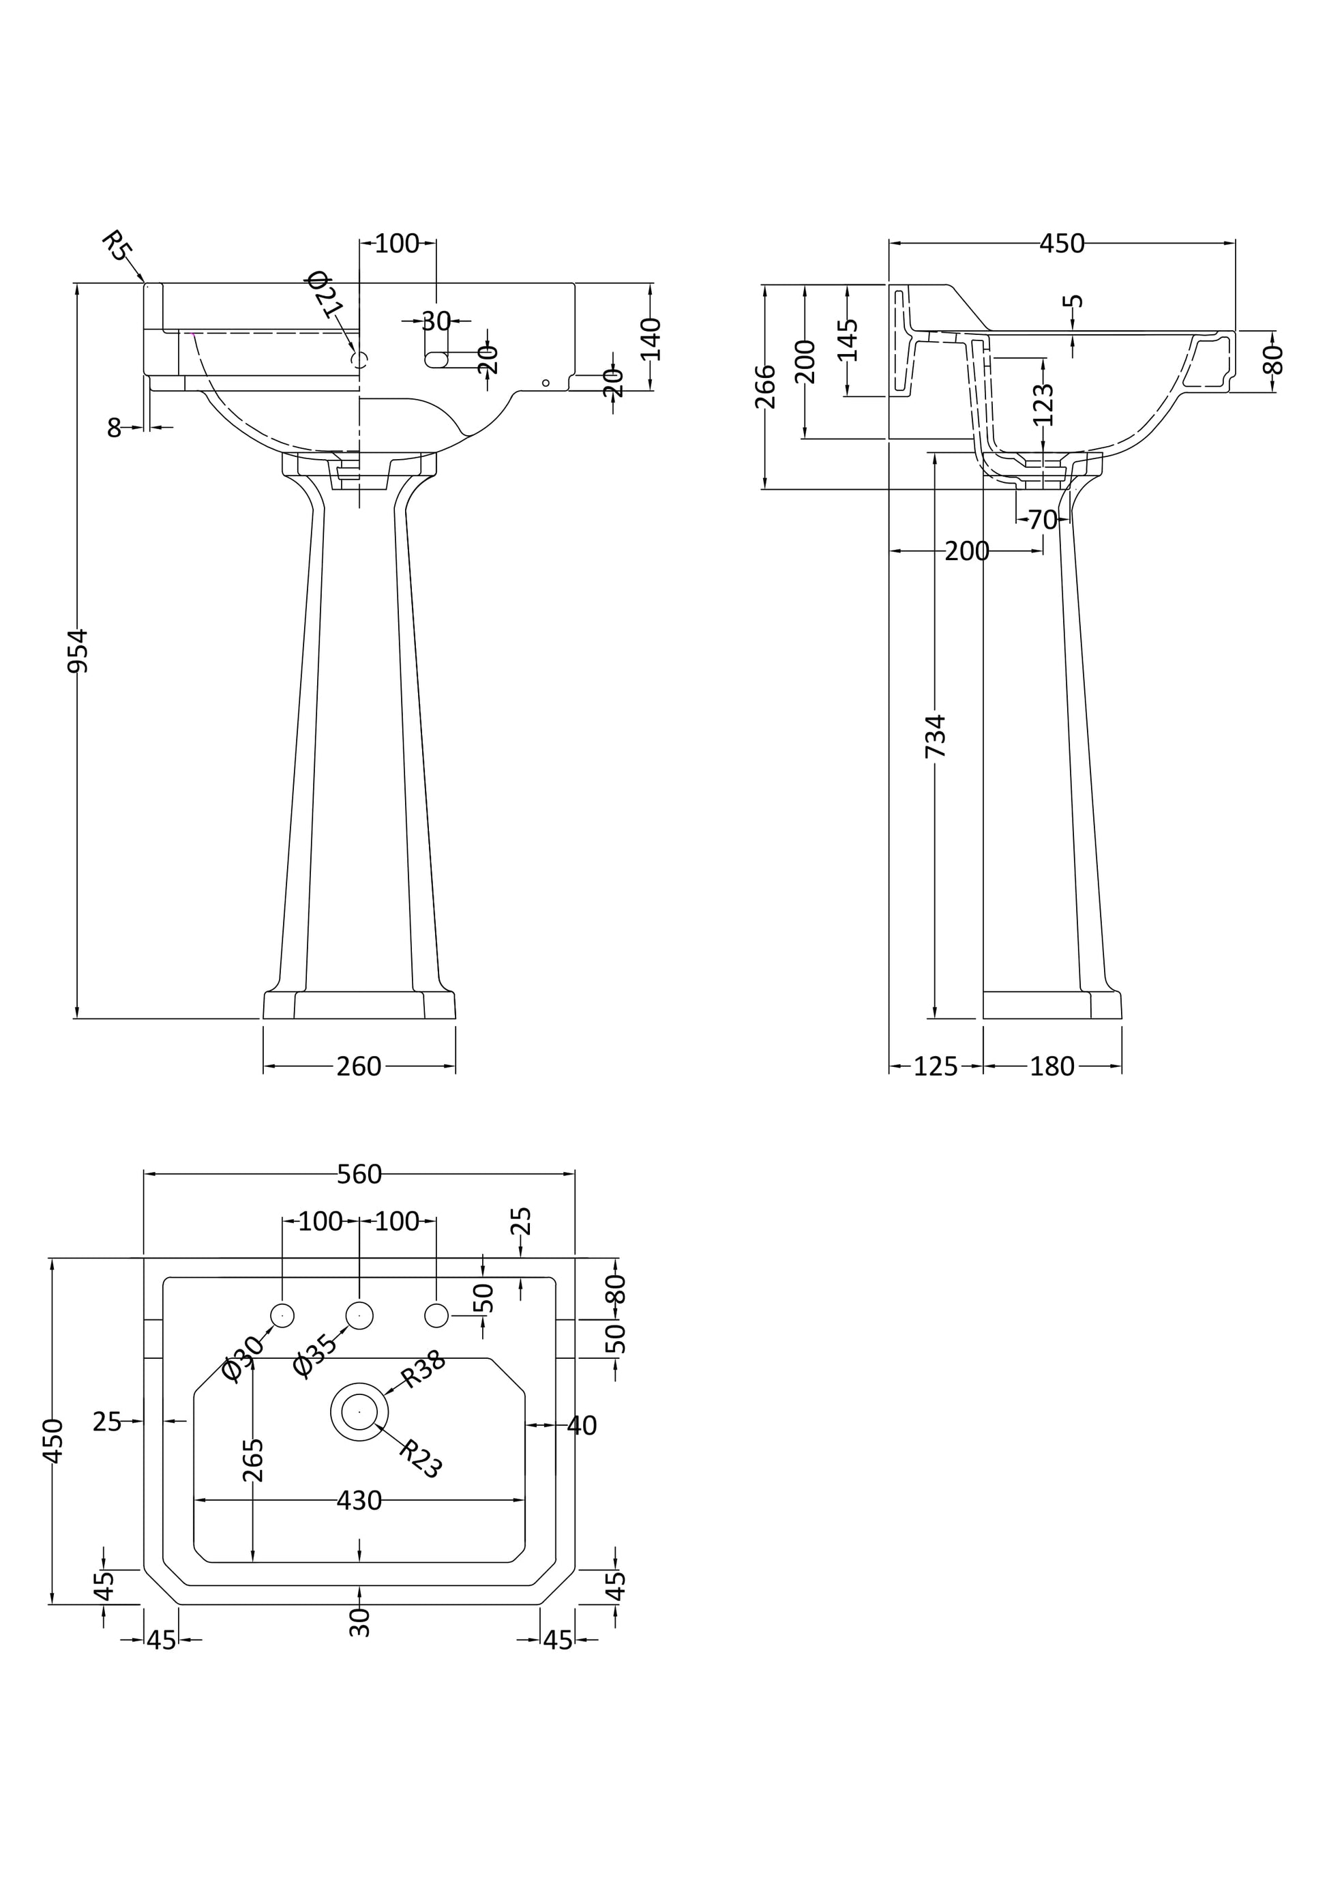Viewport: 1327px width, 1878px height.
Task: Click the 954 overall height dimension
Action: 77,650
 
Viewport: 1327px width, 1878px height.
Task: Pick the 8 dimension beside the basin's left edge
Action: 115,428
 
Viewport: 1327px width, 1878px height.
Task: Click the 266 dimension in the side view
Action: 765,386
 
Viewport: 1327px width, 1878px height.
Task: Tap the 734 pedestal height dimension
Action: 936,736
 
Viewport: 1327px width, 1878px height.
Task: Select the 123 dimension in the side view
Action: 1043,405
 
